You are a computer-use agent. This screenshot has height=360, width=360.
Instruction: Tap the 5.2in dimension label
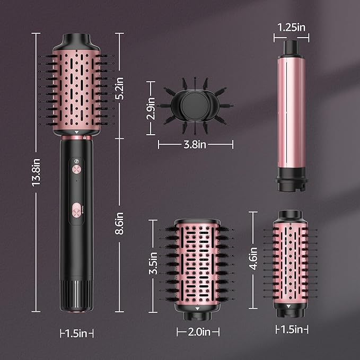coord(120,89)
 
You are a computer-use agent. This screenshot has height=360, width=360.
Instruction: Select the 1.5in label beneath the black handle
coord(76,333)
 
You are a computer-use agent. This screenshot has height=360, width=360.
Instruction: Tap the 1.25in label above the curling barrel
coord(291,27)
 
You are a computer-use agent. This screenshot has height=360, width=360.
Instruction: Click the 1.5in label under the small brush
coord(292,330)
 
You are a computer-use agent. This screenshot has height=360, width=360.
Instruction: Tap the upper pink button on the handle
coord(76,170)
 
